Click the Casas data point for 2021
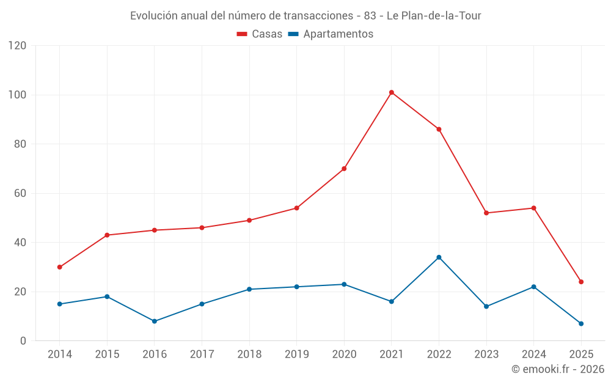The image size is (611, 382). tap(392, 92)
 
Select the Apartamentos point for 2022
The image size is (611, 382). tap(439, 257)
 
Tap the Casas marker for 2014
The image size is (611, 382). tap(59, 267)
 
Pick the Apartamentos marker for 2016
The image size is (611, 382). tap(154, 321)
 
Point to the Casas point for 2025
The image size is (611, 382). tap(581, 282)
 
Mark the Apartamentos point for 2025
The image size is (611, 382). tap(581, 323)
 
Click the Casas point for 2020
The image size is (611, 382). tap(344, 169)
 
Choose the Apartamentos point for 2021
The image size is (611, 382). tap(392, 301)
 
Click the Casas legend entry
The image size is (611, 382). tap(260, 34)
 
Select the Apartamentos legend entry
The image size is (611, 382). tap(331, 34)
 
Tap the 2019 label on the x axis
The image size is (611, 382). tap(296, 354)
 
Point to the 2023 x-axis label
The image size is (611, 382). tap(486, 354)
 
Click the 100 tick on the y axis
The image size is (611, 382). tap(18, 95)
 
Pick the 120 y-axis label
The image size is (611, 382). tap(18, 46)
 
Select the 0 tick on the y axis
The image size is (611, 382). tap(23, 341)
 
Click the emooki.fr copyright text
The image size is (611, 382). tap(557, 369)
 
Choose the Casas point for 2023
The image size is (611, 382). tap(486, 213)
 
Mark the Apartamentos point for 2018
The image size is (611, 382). tap(249, 289)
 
